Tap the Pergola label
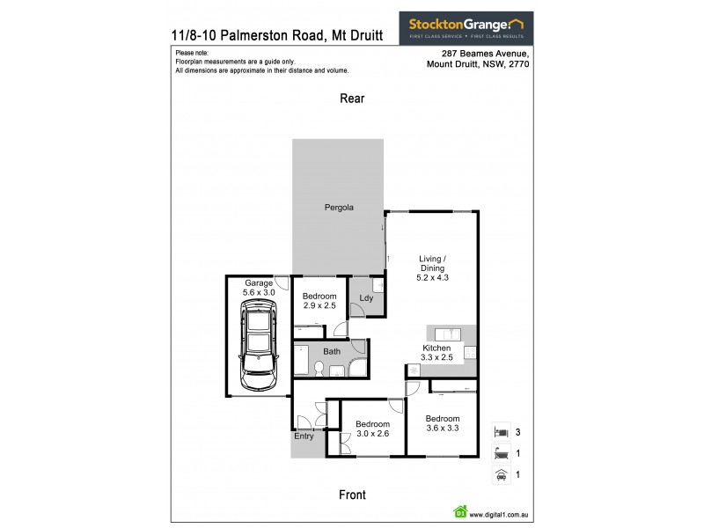click(339, 209)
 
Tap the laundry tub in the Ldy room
click(376, 285)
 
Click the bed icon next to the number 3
click(501, 432)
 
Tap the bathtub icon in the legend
click(501, 455)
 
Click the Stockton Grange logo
click(466, 26)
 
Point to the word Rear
click(352, 99)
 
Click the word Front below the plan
click(352, 495)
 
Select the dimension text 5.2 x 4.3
click(432, 278)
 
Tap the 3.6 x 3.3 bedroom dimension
click(443, 429)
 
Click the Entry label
click(304, 435)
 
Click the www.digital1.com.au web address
click(499, 515)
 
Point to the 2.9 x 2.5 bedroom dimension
click(319, 307)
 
